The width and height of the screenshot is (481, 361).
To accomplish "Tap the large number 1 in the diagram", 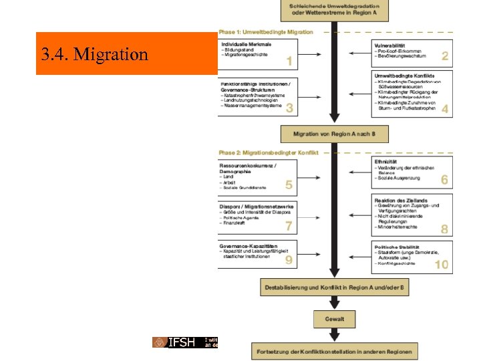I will tap(289, 62).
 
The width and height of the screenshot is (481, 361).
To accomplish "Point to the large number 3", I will tap(289, 108).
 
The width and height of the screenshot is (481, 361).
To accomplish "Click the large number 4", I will tap(445, 108).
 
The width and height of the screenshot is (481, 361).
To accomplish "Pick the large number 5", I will tap(289, 185).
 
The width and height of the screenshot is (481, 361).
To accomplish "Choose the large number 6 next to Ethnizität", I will tap(445, 180).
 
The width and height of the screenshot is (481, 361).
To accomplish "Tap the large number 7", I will tap(289, 226).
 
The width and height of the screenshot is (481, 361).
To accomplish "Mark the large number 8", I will tap(445, 229).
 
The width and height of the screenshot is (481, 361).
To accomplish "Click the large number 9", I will tap(289, 260).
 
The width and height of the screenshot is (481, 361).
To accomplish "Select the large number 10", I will tap(442, 265).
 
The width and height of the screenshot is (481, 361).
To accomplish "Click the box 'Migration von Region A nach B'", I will tap(334, 134).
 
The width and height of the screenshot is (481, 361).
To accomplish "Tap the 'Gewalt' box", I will tap(335, 319).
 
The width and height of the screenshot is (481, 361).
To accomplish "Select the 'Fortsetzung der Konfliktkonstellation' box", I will tap(335, 350).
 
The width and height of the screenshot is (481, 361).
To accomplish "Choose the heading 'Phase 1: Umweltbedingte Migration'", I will tap(266, 32).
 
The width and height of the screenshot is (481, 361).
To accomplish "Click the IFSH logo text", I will tap(181, 342).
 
